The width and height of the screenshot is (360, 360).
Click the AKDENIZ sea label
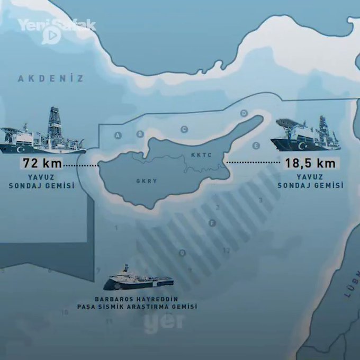(51, 79)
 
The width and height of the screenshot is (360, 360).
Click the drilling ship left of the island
(42, 135)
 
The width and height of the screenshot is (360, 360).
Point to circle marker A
(118, 136)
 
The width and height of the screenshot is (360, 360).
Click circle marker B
(140, 134)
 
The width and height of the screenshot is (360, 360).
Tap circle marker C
(184, 129)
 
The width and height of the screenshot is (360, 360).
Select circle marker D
(244, 113)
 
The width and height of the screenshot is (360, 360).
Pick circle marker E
(256, 145)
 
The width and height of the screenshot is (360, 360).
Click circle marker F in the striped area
(213, 223)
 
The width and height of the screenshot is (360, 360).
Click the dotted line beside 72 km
(80, 166)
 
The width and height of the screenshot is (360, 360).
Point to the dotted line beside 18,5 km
(252, 163)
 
